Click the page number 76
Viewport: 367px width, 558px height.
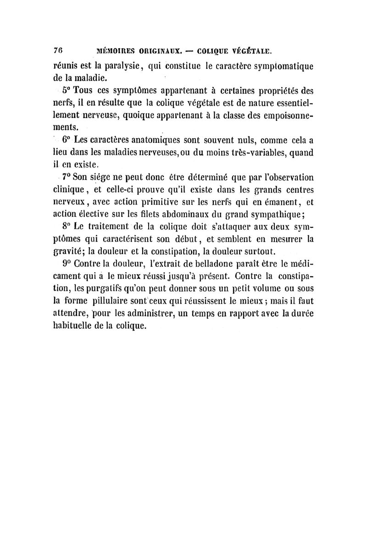(58, 48)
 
